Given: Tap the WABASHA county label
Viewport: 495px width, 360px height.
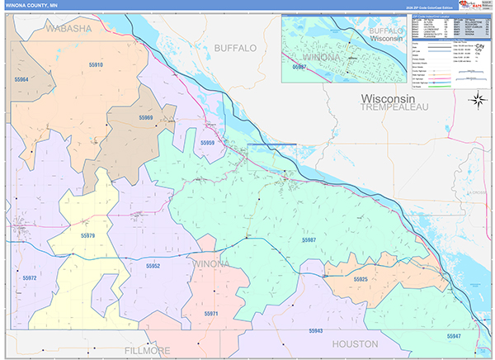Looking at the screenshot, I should coord(68,29).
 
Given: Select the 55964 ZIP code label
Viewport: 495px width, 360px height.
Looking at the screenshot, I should coord(21,79).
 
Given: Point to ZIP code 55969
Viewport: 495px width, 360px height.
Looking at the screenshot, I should coord(145,118).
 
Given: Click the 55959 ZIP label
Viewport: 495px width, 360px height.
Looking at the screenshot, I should coord(207,143).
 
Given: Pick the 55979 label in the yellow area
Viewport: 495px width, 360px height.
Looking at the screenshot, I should coord(88,236).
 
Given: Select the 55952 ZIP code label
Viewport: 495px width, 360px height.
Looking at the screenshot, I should coord(153,267).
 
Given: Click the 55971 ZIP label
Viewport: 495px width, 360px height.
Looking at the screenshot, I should coord(211,314).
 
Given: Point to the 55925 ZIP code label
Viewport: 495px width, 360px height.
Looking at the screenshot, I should coord(361,280).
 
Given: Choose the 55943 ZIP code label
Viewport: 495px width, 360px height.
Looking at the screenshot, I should coord(315,330).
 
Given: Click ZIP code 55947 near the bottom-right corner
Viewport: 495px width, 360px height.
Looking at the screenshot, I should coord(454,336).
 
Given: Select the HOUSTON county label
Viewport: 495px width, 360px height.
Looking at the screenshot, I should coord(354,343).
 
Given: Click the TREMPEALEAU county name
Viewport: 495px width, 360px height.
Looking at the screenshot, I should coord(394,107).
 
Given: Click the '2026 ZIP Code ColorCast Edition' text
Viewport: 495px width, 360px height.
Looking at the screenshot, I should coord(428,7).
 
